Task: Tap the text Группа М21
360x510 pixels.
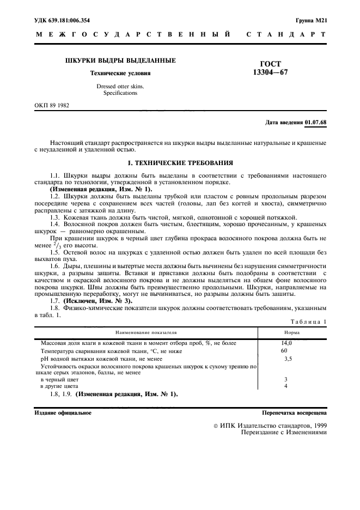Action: tap(311, 20)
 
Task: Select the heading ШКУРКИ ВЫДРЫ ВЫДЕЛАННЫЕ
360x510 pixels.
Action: tap(120, 60)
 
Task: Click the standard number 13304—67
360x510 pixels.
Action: tap(271, 73)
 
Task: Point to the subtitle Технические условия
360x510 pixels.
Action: tap(120, 73)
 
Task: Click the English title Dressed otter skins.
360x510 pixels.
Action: tap(120, 86)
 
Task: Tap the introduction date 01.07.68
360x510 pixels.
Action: tap(316, 122)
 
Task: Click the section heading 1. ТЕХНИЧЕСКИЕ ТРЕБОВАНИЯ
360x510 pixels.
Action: tap(180, 162)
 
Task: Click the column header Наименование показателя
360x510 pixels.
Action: tap(145, 332)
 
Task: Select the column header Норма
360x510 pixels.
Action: tap(291, 332)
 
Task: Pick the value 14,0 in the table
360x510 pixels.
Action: tap(286, 343)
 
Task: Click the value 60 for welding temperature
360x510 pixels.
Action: tap(284, 351)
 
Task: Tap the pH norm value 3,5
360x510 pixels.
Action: tap(288, 359)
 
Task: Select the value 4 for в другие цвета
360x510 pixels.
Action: tap(285, 386)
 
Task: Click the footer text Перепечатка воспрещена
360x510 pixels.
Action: tap(294, 412)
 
